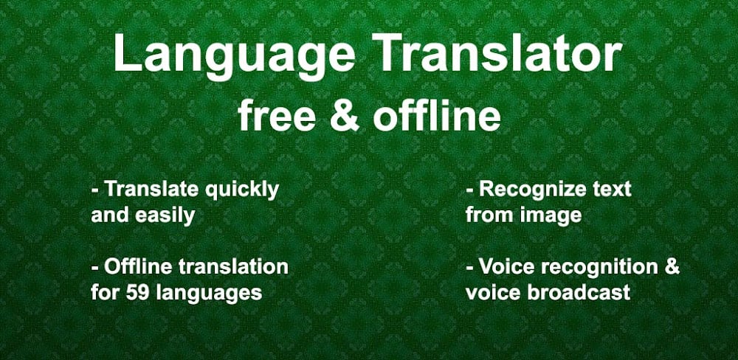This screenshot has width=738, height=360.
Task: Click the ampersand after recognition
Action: tap(671, 266)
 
